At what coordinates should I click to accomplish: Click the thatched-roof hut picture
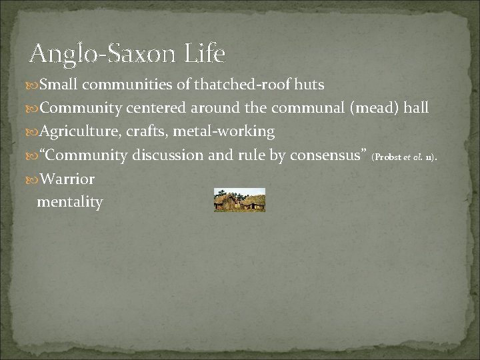point(239,200)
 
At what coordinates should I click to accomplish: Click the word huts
point(309,85)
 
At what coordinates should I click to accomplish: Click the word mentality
point(70,201)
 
